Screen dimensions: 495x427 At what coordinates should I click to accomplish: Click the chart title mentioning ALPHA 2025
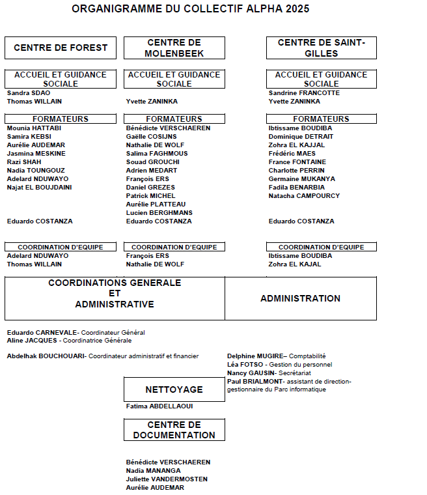click(190, 9)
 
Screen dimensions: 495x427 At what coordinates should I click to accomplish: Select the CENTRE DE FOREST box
click(61, 48)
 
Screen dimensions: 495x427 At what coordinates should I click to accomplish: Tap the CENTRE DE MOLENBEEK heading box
click(174, 48)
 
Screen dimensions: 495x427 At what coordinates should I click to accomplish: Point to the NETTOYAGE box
click(174, 389)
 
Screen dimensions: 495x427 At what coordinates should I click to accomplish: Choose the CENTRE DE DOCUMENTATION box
click(174, 430)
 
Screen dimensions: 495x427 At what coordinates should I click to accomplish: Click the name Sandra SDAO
click(28, 93)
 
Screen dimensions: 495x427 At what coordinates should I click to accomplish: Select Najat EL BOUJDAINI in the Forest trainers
click(39, 188)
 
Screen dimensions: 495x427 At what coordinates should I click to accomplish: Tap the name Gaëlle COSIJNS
click(151, 137)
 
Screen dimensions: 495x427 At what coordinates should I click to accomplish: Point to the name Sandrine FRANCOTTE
click(304, 93)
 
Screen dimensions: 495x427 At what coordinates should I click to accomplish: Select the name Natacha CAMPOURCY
click(304, 196)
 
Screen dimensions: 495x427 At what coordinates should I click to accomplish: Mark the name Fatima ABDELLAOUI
click(159, 406)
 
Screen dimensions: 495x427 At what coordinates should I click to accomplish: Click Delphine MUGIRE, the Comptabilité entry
click(256, 356)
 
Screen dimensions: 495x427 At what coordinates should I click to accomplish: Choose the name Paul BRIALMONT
click(256, 382)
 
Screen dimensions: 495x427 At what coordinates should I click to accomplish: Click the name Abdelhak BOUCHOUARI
click(46, 356)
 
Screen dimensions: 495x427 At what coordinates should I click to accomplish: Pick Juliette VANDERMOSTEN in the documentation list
click(167, 479)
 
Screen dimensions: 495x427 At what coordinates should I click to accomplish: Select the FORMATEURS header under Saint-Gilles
click(321, 119)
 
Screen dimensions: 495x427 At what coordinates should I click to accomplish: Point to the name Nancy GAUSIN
click(251, 373)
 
